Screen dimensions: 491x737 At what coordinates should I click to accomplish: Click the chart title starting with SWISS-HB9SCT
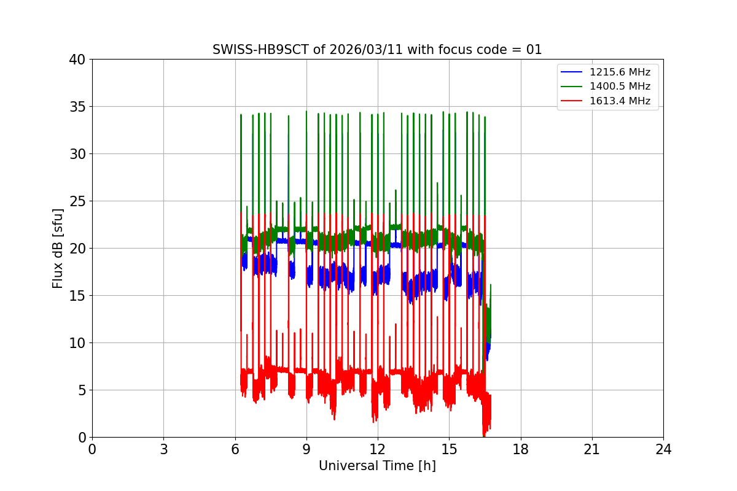(x=377, y=50)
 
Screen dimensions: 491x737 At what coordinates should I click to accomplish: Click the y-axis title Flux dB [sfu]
(x=58, y=248)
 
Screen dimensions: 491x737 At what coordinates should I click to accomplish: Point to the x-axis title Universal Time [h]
(x=377, y=466)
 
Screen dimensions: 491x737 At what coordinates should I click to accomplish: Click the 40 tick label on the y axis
(x=77, y=60)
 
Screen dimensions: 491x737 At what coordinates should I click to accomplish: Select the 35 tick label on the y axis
(x=77, y=107)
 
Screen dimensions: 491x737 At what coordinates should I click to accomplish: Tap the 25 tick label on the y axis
(x=77, y=201)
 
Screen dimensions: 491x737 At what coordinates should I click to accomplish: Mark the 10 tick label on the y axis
(x=77, y=343)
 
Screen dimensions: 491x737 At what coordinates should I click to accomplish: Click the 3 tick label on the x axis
(x=163, y=449)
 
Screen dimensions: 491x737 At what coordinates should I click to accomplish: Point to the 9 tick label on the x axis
(x=306, y=449)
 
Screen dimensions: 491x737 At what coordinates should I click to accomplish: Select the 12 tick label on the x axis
(x=378, y=449)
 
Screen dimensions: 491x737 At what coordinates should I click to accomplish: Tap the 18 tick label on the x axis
(x=521, y=449)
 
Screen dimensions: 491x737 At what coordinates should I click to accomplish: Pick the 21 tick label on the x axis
(x=592, y=449)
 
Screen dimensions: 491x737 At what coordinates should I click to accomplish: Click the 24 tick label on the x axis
(x=663, y=449)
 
